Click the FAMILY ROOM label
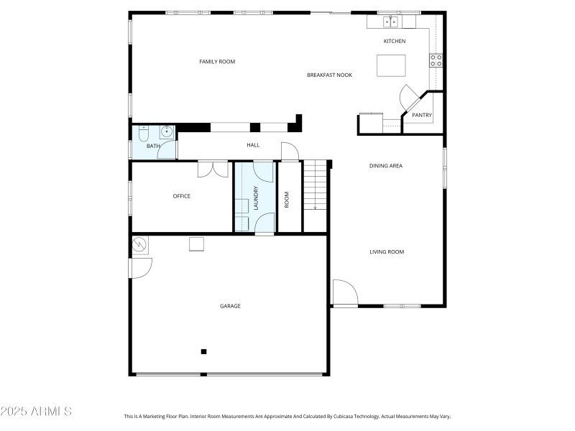pos(217,62)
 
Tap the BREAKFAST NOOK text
pos(329,75)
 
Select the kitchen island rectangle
pos(390,65)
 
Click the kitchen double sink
pos(390,22)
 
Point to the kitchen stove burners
pos(436,60)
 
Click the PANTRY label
pos(422,115)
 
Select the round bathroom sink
pos(167,131)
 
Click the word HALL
pos(253,145)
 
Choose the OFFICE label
pos(182,196)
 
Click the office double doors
pos(213,169)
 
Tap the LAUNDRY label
pos(256,198)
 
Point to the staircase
pos(315,187)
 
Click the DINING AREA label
pos(386,166)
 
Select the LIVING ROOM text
pos(387,252)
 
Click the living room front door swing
pos(345,293)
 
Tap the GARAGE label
pos(230,306)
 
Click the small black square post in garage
pos(204,351)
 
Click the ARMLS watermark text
pos(36,412)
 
